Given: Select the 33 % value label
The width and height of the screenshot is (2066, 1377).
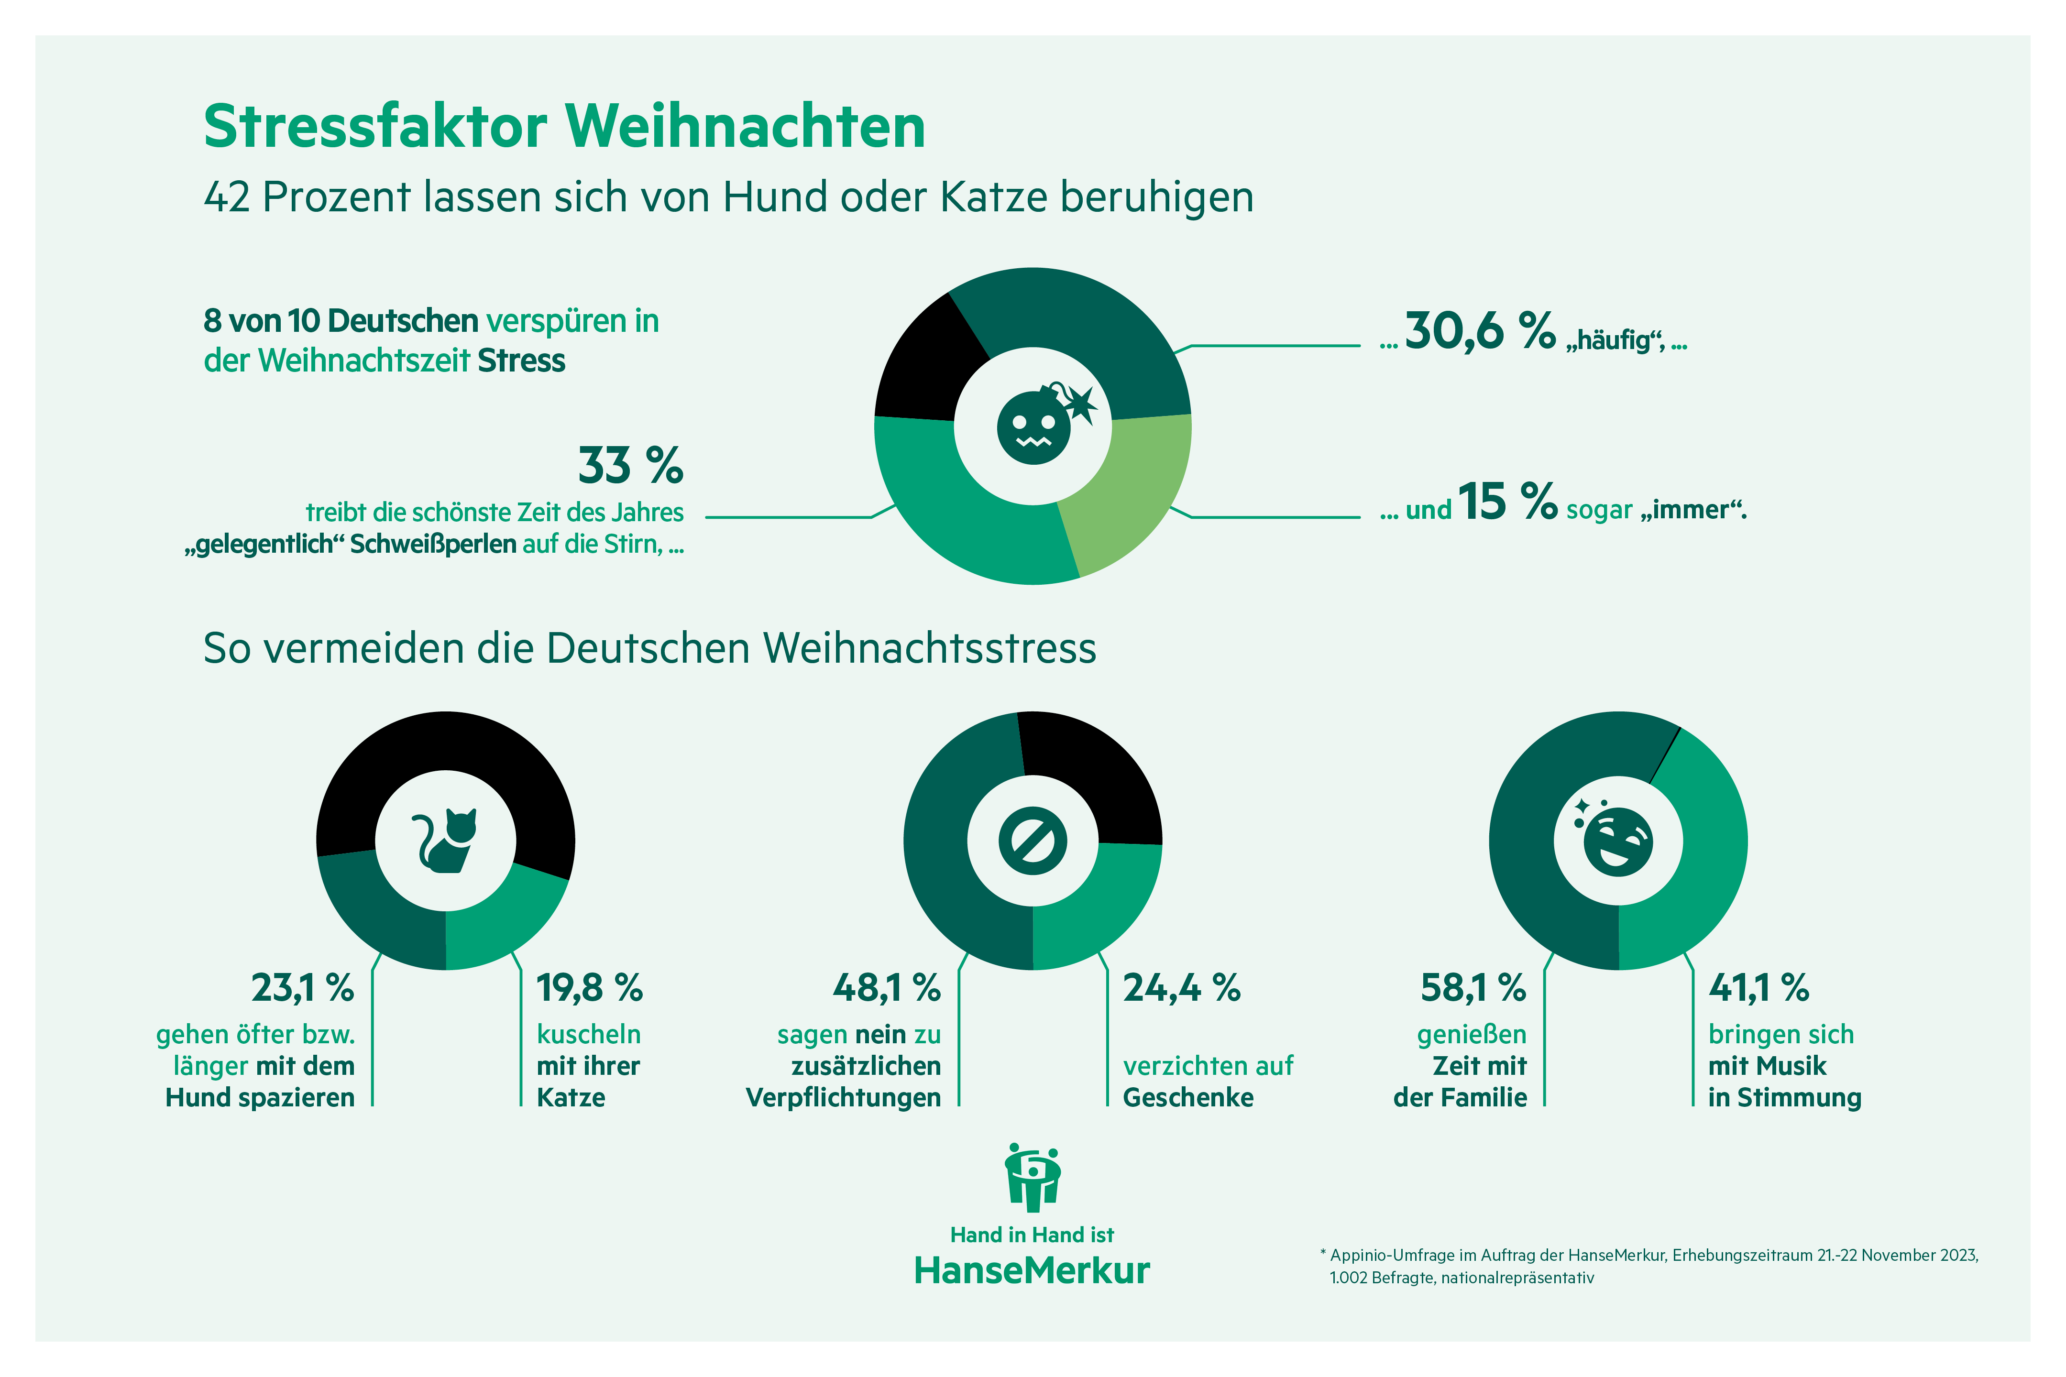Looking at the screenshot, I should [630, 465].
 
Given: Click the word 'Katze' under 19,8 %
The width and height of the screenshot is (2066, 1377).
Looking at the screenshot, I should [571, 1098].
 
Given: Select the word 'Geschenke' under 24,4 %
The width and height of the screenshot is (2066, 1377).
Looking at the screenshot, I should [1187, 1098].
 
